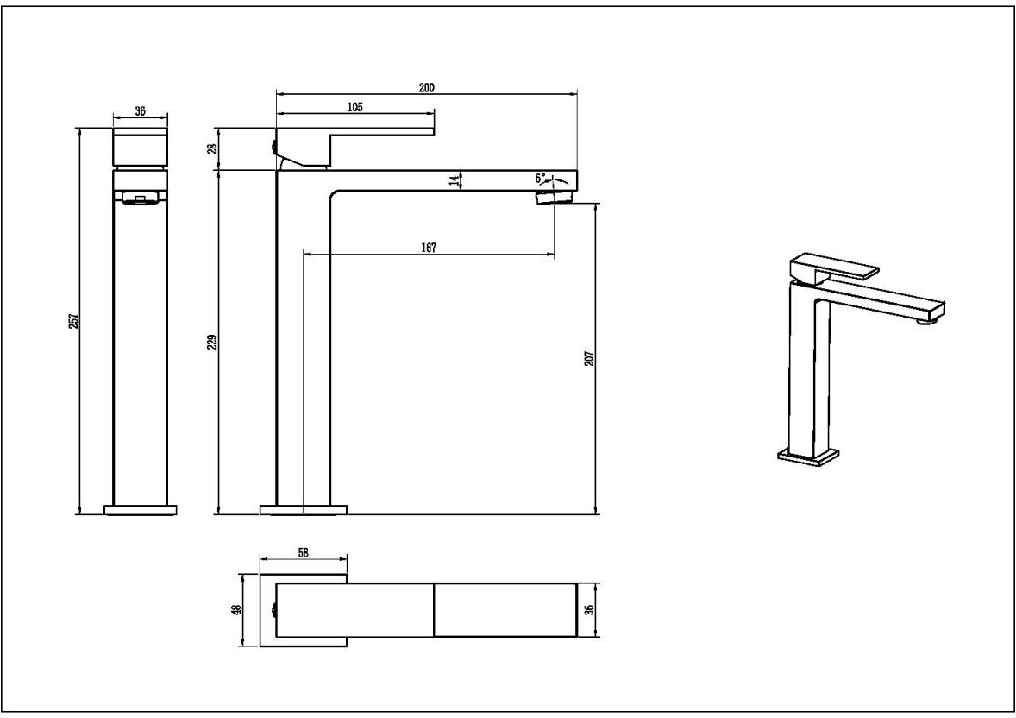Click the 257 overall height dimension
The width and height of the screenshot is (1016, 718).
(74, 321)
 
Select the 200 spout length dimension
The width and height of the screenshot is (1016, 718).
(426, 87)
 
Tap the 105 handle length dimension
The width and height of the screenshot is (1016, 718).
(355, 107)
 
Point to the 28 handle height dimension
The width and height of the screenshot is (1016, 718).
(212, 148)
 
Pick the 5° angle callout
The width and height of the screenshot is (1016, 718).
(541, 177)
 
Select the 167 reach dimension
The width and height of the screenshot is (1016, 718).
(429, 247)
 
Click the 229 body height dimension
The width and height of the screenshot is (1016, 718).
(212, 342)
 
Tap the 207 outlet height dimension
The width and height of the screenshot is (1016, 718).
(589, 358)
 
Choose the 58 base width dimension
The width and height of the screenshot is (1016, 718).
(304, 552)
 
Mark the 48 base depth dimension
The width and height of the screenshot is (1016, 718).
(237, 609)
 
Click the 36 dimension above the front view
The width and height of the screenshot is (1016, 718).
(140, 111)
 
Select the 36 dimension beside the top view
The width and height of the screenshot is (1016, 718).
(589, 609)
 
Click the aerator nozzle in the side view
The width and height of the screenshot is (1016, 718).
(555, 197)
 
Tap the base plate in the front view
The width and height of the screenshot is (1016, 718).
(141, 510)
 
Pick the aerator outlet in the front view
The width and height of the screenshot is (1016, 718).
(141, 198)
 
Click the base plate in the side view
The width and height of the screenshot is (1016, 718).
(304, 510)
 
